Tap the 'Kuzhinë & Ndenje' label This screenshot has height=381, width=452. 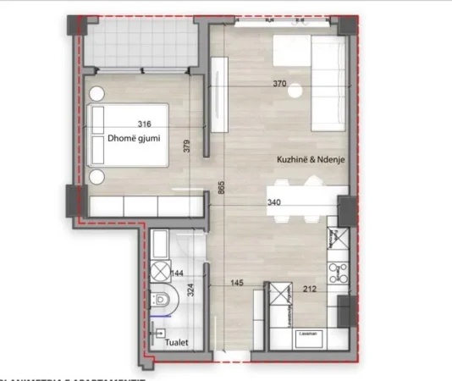pyautogui.click(x=305, y=158)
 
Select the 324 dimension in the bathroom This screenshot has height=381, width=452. pyautogui.click(x=190, y=287)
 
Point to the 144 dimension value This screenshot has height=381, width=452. pyautogui.click(x=177, y=274)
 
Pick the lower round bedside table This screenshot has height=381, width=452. pyautogui.click(x=97, y=176)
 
